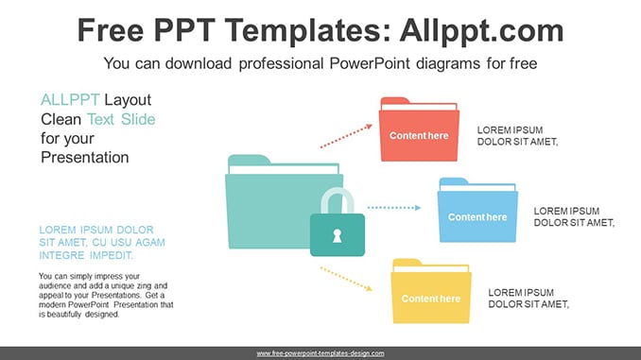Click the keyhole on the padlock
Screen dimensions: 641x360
(x=337, y=236)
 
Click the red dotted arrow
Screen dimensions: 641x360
(x=346, y=136)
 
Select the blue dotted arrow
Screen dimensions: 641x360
(x=394, y=208)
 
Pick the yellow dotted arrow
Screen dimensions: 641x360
(x=346, y=279)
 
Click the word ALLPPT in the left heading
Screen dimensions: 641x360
(x=70, y=100)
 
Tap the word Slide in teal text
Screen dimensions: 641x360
(x=138, y=119)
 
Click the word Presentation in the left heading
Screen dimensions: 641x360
(x=85, y=157)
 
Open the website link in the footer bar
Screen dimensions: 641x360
(x=320, y=353)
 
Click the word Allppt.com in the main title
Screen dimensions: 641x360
(x=481, y=30)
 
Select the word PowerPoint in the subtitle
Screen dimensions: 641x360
(x=370, y=63)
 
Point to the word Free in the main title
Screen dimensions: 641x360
(x=111, y=30)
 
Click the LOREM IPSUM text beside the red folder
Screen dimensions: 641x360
(x=517, y=136)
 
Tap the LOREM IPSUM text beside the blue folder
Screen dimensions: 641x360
(x=574, y=217)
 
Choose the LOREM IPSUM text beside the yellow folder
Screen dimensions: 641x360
(x=528, y=299)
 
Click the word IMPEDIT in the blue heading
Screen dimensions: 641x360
(x=112, y=255)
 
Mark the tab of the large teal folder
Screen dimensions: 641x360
(x=249, y=160)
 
